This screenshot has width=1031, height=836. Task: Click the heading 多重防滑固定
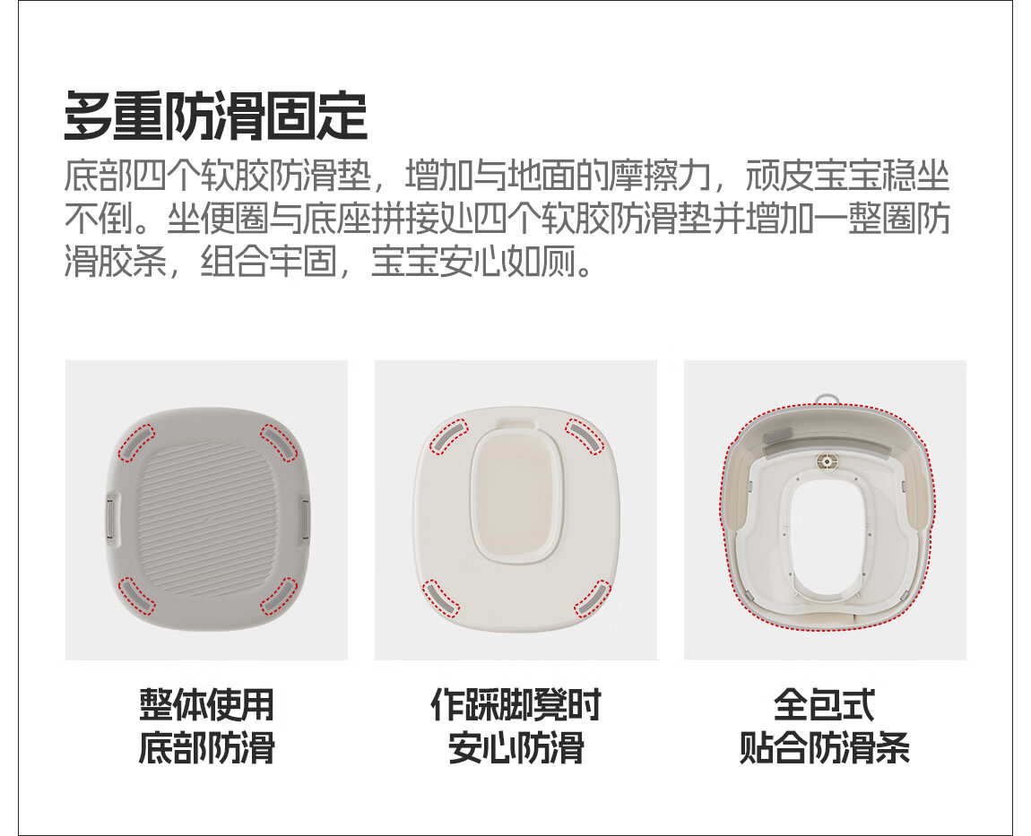pyautogui.click(x=215, y=116)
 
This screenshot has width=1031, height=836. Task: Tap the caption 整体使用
pyautogui.click(x=206, y=704)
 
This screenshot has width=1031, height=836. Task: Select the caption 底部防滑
pyautogui.click(x=206, y=747)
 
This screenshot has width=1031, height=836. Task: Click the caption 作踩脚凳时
pyautogui.click(x=515, y=704)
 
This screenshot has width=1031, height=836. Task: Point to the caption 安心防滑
pyautogui.click(x=515, y=747)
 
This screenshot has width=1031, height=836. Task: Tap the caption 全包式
pyautogui.click(x=825, y=704)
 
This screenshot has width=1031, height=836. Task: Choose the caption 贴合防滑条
pyautogui.click(x=825, y=747)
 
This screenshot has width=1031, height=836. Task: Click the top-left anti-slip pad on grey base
pyautogui.click(x=136, y=442)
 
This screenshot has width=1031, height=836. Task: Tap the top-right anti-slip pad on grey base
pyautogui.click(x=280, y=443)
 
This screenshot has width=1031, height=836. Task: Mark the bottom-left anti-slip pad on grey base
pyautogui.click(x=137, y=596)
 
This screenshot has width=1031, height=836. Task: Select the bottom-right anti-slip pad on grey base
pyautogui.click(x=280, y=596)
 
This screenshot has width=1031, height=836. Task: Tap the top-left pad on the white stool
pyautogui.click(x=448, y=435)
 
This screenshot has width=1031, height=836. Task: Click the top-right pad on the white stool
pyautogui.click(x=585, y=437)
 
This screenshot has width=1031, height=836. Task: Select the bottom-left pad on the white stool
pyautogui.click(x=441, y=598)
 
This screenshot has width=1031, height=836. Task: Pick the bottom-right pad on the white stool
pyautogui.click(x=592, y=599)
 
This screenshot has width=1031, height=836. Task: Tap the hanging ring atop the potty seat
pyautogui.click(x=827, y=399)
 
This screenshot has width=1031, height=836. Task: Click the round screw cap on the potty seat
pyautogui.click(x=827, y=461)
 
